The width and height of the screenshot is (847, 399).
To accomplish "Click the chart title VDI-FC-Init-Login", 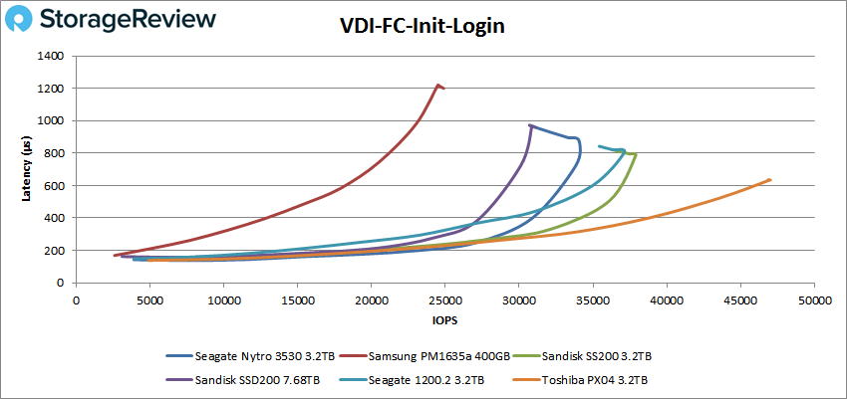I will (x=423, y=27).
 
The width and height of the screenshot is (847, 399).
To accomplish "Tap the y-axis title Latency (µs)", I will (x=27, y=169).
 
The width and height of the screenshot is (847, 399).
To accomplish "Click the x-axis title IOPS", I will (x=444, y=321).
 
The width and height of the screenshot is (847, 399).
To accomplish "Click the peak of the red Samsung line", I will (x=438, y=85).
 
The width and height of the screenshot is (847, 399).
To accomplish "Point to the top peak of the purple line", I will (x=530, y=125).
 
